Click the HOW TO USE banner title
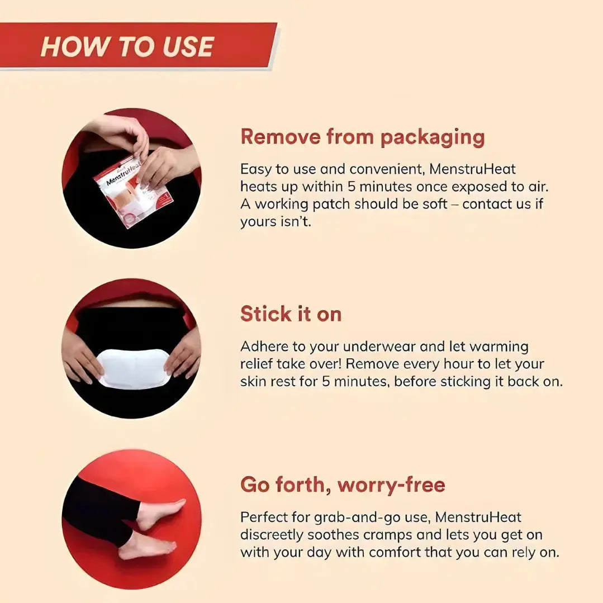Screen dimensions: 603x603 127,46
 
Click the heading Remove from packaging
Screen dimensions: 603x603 362,137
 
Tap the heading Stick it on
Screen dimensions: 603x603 291,314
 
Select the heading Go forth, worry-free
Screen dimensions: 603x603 343,485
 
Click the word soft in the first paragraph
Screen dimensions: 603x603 435,204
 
